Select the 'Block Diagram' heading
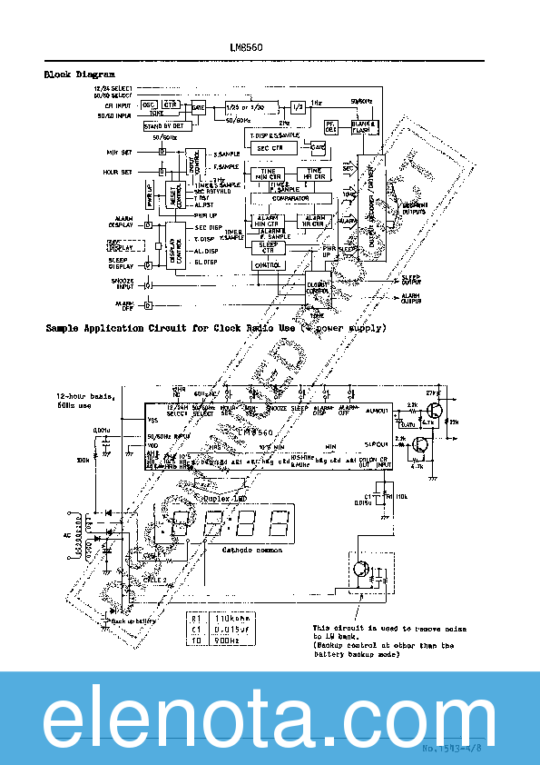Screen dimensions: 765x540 (x=80, y=74)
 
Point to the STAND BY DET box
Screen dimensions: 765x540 (x=163, y=125)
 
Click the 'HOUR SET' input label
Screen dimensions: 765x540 (x=119, y=172)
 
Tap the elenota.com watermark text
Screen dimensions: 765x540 (x=270, y=718)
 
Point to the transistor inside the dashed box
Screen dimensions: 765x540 (x=362, y=570)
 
